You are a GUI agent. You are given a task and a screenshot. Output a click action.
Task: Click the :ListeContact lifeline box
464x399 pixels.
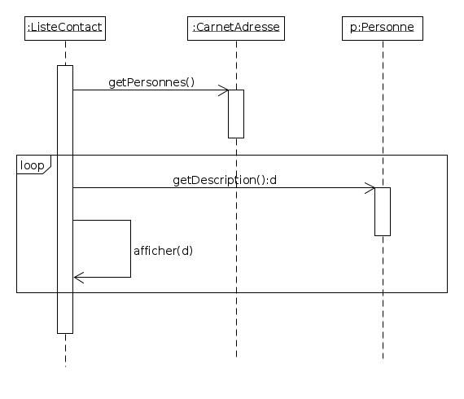65,28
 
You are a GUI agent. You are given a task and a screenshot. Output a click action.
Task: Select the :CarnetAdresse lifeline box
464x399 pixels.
236,28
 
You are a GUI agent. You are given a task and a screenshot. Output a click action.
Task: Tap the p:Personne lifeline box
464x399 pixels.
382,28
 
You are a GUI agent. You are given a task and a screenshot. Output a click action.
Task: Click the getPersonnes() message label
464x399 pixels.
151,83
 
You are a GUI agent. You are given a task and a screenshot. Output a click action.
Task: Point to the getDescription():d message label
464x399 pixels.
225,180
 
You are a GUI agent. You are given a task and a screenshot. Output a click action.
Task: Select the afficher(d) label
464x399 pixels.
163,251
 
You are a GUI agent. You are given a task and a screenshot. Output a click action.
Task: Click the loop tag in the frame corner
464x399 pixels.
33,165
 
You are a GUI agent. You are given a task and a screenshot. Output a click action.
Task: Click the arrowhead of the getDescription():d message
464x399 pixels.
370,188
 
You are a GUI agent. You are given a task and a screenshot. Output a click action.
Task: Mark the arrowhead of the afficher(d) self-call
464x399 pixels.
78,278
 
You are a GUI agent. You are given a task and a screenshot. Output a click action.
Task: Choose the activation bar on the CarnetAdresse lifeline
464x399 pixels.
236,114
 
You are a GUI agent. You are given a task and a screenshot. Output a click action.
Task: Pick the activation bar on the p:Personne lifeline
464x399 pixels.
383,212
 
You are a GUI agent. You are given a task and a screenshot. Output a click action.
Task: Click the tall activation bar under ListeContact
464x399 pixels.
65,199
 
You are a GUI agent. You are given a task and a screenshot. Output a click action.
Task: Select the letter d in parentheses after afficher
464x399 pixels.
185,251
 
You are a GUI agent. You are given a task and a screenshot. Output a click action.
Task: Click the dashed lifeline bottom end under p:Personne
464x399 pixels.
383,357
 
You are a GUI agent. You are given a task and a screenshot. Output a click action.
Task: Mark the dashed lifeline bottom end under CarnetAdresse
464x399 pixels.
236,356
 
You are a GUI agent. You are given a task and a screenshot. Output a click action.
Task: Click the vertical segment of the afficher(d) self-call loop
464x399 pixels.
130,248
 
